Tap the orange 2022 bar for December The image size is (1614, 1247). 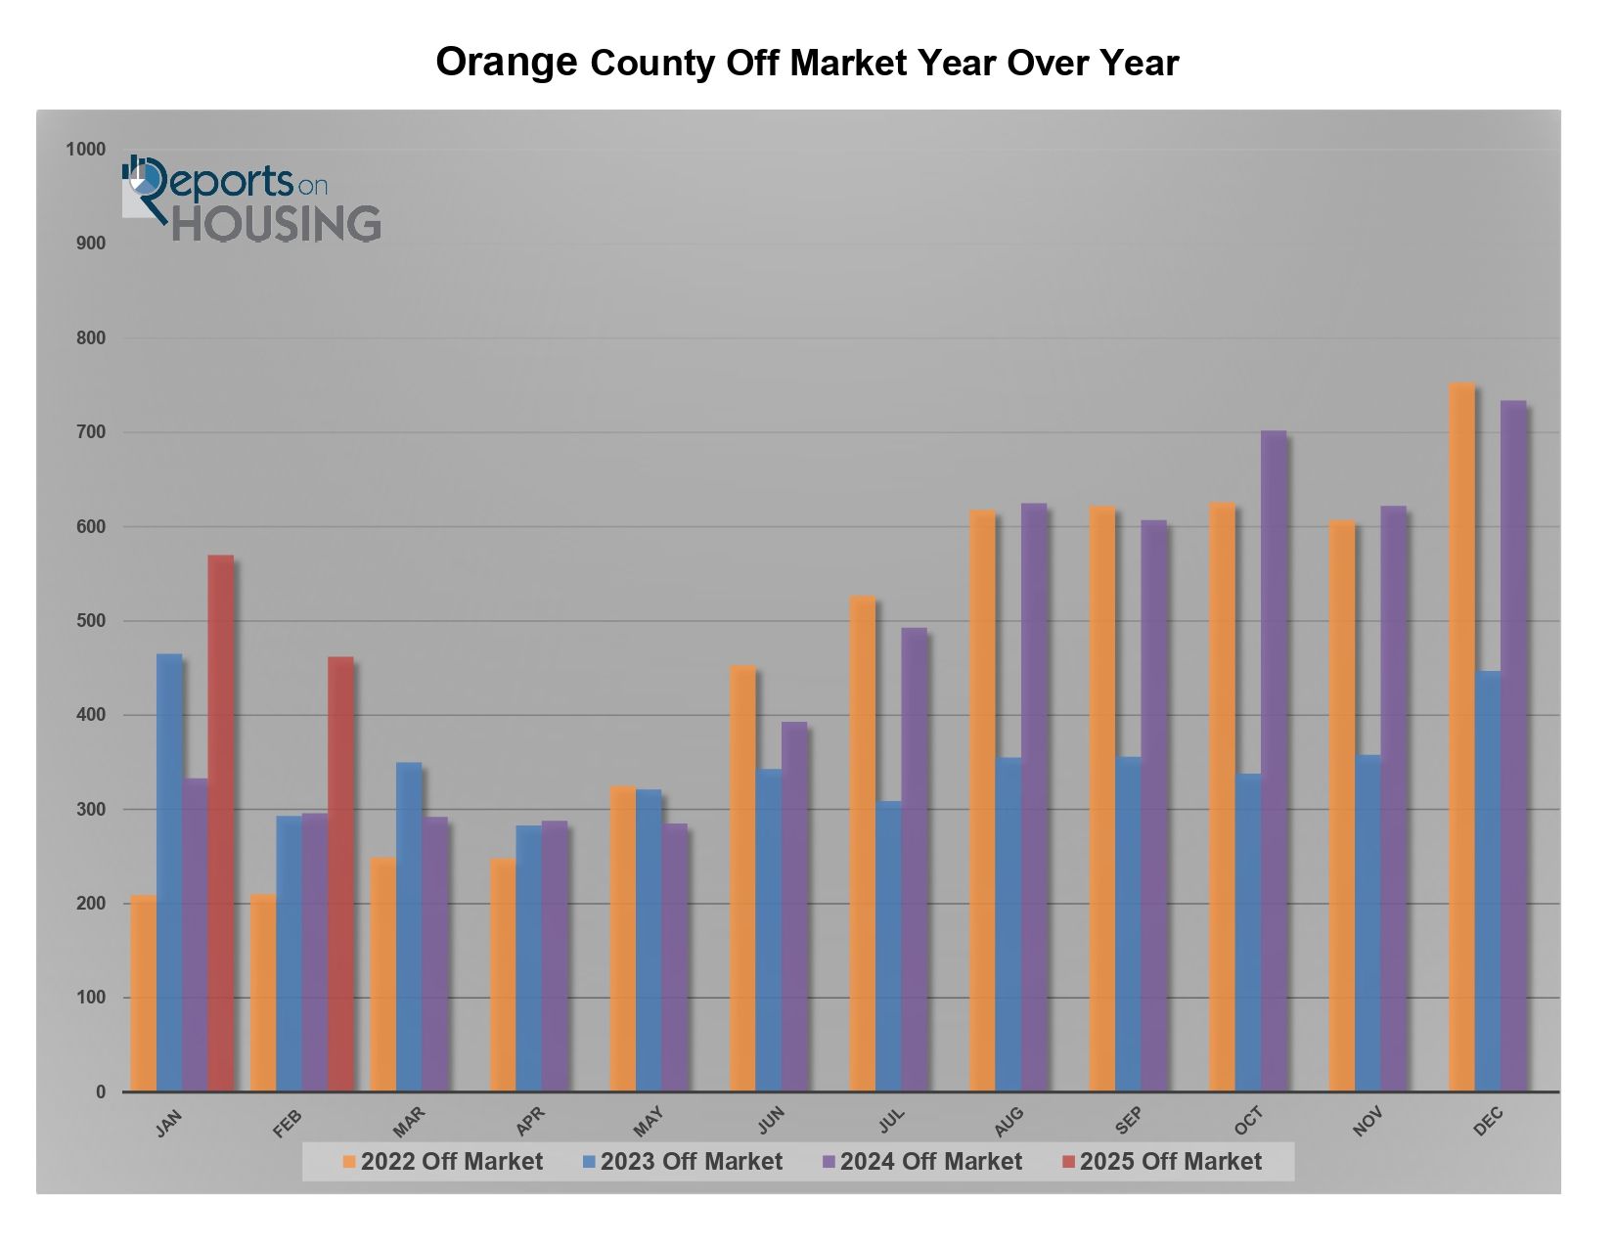(1461, 737)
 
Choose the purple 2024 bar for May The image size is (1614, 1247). (675, 958)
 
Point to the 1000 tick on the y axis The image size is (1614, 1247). (85, 150)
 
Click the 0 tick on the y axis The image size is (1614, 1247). (101, 1092)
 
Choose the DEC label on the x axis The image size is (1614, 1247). (1488, 1122)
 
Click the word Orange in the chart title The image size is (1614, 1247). (506, 62)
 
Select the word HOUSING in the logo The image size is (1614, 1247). (277, 224)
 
